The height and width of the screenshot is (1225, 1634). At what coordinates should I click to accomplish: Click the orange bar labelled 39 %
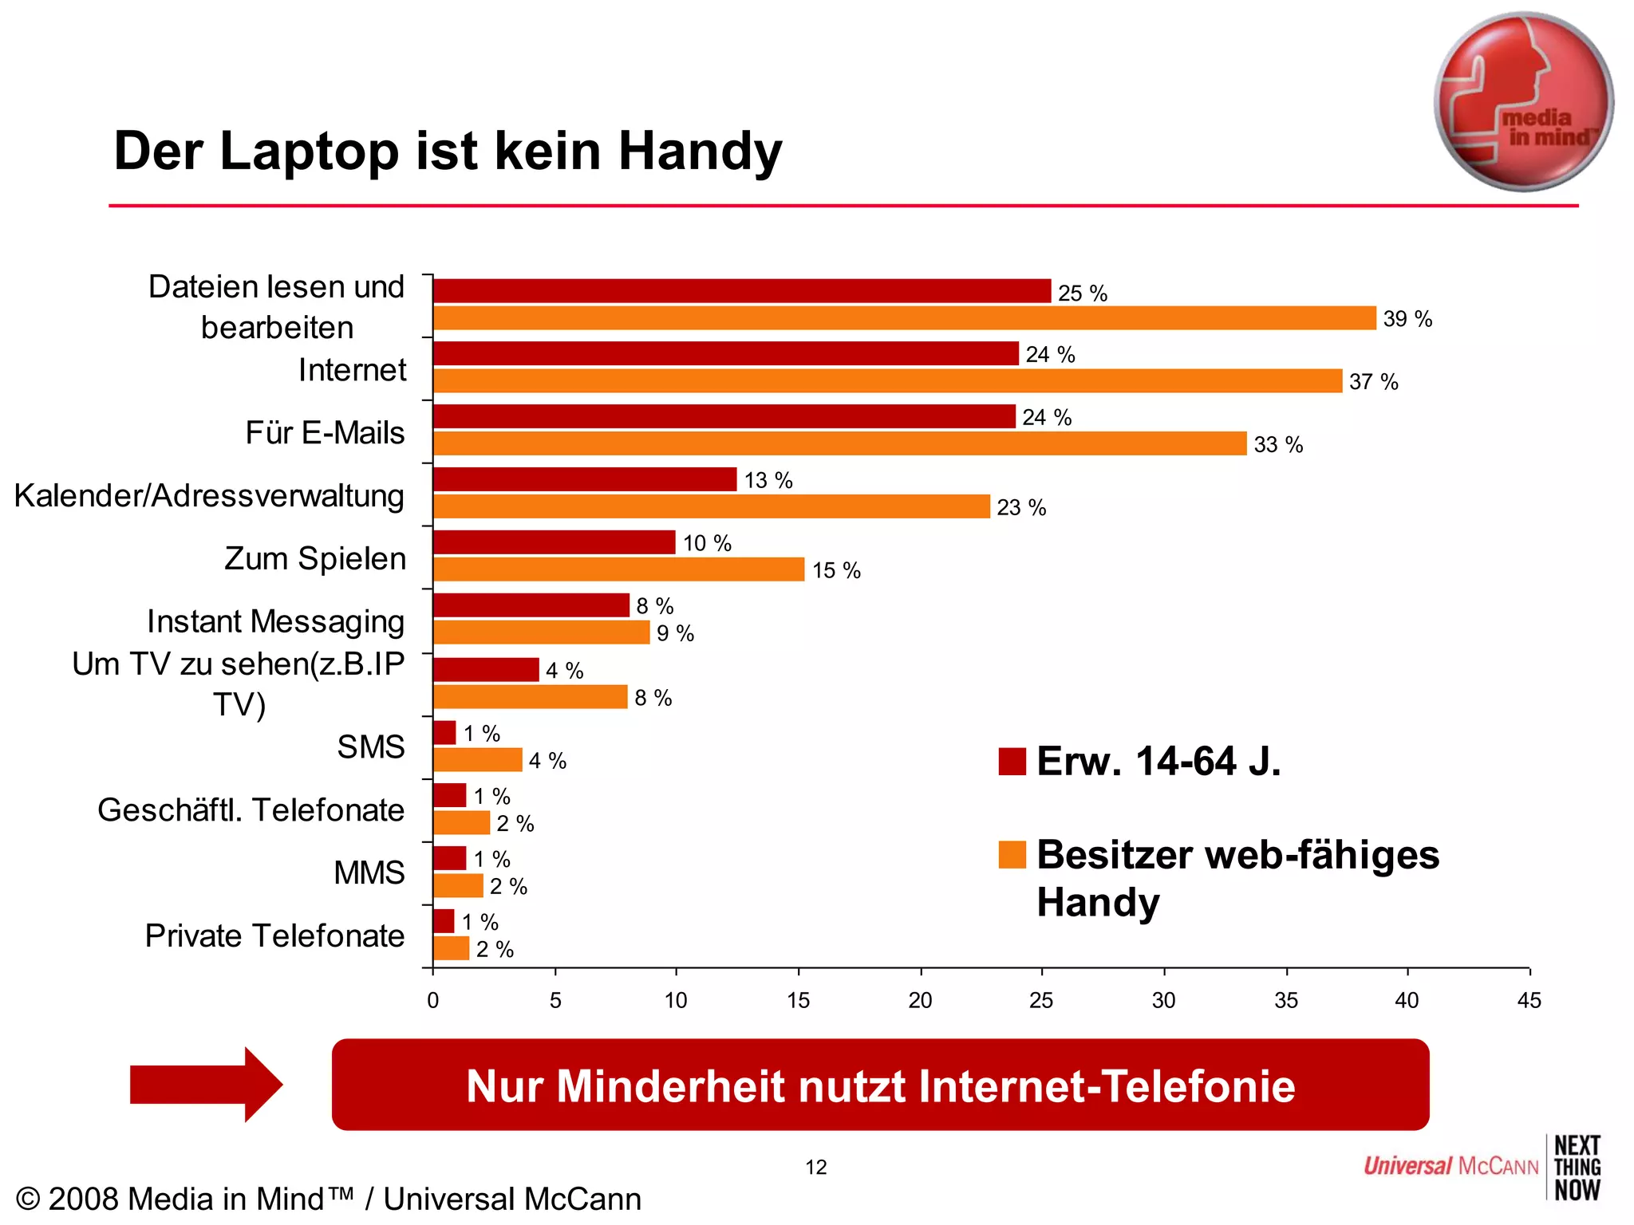pyautogui.click(x=904, y=318)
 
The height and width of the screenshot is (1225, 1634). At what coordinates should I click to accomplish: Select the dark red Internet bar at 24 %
pyautogui.click(x=725, y=353)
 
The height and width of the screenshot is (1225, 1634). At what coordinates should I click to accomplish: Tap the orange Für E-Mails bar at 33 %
pyautogui.click(x=839, y=443)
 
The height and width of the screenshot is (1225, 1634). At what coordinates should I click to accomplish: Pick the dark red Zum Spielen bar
pyautogui.click(x=554, y=542)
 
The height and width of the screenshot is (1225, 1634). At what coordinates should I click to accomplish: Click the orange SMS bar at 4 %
pyautogui.click(x=477, y=760)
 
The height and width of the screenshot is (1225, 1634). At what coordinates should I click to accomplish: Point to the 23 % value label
pyautogui.click(x=1020, y=507)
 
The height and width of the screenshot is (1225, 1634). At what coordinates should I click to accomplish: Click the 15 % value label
pyautogui.click(x=835, y=570)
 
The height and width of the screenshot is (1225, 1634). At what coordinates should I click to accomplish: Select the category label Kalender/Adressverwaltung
pyautogui.click(x=209, y=495)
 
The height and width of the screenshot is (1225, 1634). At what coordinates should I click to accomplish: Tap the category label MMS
pyautogui.click(x=369, y=872)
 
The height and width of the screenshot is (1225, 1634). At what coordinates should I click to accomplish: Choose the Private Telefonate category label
pyautogui.click(x=274, y=935)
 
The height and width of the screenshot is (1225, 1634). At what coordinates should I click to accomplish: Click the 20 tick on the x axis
pyautogui.click(x=920, y=1000)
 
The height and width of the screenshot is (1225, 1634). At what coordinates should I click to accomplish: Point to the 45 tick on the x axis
pyautogui.click(x=1529, y=1000)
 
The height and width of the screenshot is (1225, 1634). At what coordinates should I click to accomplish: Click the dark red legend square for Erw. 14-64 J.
pyautogui.click(x=1012, y=761)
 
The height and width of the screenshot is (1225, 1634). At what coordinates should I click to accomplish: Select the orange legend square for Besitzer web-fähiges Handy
pyautogui.click(x=1012, y=854)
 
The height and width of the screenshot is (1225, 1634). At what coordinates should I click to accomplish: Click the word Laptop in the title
pyautogui.click(x=309, y=151)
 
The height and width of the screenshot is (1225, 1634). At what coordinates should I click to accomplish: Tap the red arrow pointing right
pyautogui.click(x=206, y=1085)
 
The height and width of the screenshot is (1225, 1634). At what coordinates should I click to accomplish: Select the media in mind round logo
pyautogui.click(x=1523, y=102)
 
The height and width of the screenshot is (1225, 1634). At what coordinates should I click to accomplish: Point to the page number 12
pyautogui.click(x=815, y=1167)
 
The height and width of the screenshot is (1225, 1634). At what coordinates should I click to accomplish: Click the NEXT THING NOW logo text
pyautogui.click(x=1577, y=1168)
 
